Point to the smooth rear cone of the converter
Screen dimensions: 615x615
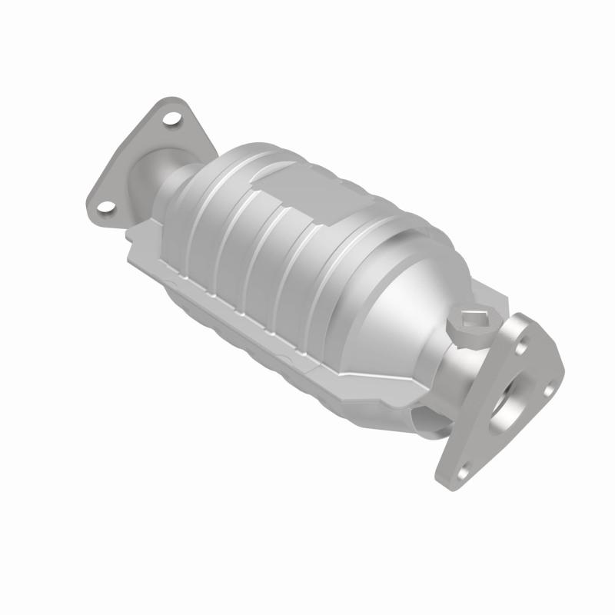click(400, 300)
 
